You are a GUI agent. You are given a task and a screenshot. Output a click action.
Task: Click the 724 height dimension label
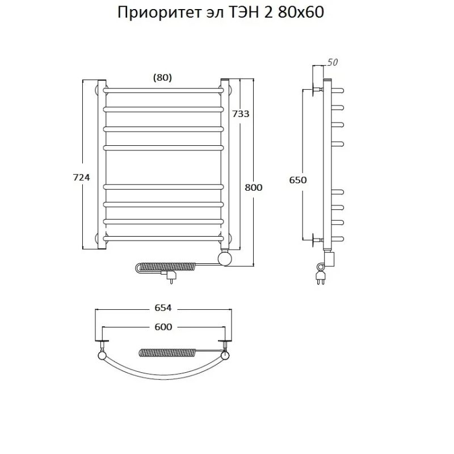coord(82,178)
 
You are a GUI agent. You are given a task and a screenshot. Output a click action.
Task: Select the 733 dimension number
coord(241,113)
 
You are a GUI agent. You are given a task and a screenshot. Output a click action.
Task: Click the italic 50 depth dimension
coord(333,62)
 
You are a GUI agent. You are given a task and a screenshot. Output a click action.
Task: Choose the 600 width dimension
coord(162,327)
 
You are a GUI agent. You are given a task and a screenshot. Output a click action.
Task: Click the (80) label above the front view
coord(162,78)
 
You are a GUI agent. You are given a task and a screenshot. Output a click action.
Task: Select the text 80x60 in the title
coord(301,13)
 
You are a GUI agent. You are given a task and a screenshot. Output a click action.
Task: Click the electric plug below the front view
coord(169,276)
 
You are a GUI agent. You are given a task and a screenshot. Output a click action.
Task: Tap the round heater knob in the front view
coord(225,259)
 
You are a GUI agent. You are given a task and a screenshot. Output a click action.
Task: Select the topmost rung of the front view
coord(162,89)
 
